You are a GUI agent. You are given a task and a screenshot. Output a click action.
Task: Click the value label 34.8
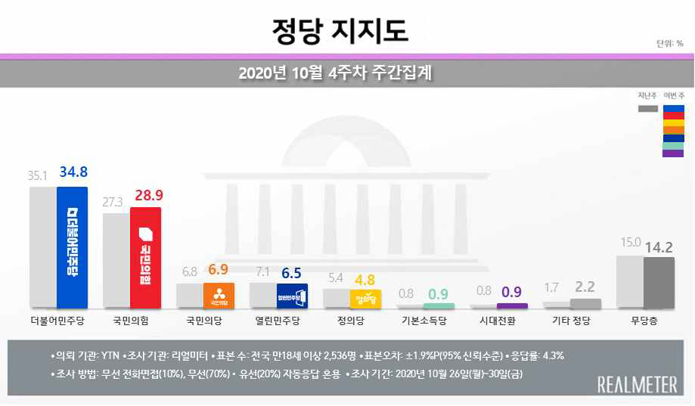click(x=73, y=175)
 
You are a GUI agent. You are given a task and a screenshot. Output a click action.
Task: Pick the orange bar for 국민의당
click(x=219, y=295)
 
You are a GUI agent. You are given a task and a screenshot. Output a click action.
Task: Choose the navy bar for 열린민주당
click(x=293, y=295)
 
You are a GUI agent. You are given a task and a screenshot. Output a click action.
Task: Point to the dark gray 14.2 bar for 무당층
click(x=658, y=282)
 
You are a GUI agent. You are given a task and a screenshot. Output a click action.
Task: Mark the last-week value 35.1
click(x=39, y=176)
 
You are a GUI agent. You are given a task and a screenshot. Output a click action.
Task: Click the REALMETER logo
click(x=637, y=384)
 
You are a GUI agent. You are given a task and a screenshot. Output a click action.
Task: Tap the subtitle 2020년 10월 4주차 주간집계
click(x=340, y=73)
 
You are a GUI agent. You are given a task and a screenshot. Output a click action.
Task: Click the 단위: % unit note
click(x=669, y=44)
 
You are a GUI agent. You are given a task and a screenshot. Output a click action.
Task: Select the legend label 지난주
click(x=647, y=95)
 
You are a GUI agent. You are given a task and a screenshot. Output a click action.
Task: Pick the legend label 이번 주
click(x=673, y=95)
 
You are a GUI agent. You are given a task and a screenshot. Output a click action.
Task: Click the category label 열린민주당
click(x=280, y=321)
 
